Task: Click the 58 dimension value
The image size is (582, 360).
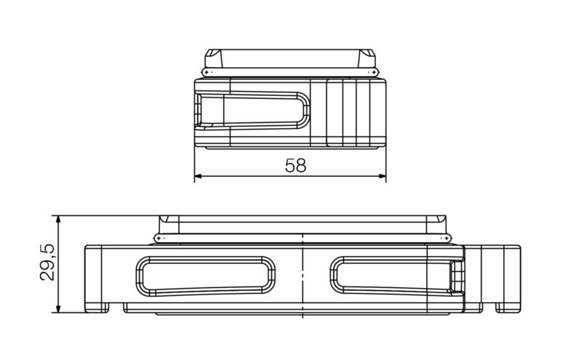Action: [x=295, y=166]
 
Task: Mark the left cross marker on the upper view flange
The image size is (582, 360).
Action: [x=207, y=73]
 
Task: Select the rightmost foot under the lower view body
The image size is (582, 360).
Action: [x=508, y=308]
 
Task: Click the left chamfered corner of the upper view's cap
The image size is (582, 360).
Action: [x=210, y=57]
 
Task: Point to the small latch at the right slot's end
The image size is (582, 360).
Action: [x=456, y=277]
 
